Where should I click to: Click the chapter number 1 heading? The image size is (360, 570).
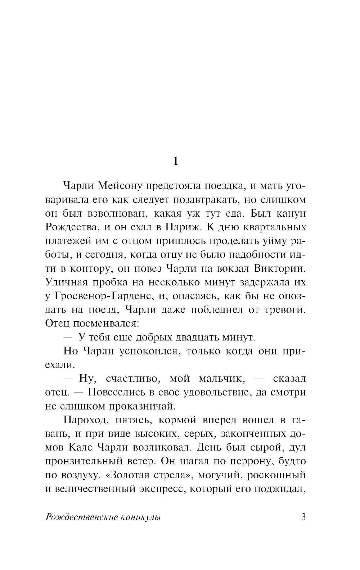(x=175, y=162)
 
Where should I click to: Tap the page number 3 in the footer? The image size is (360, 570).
(x=303, y=517)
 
